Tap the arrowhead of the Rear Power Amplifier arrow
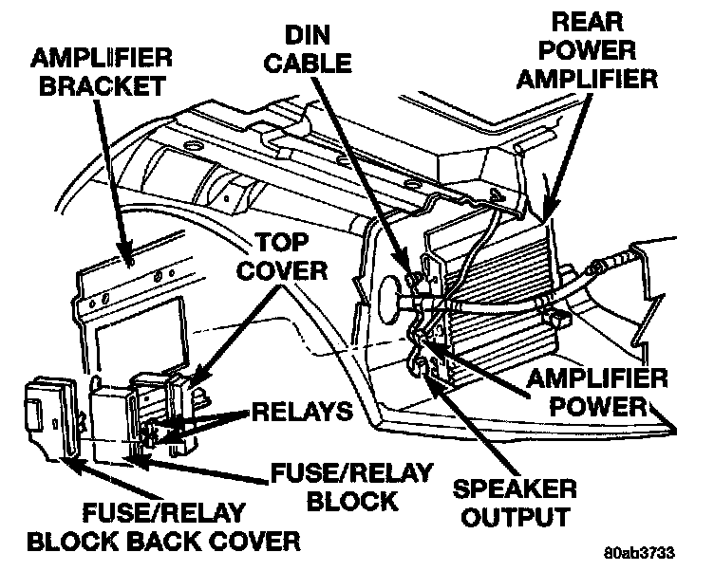[544, 211]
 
